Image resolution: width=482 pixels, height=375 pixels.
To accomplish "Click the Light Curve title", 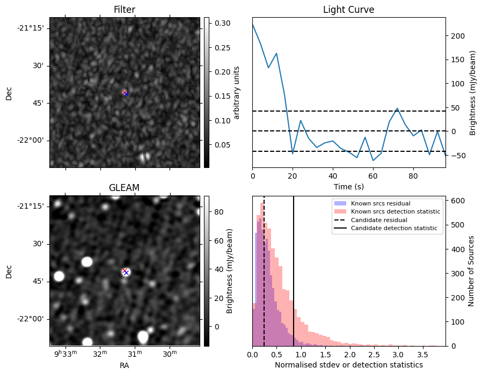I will point(348,10).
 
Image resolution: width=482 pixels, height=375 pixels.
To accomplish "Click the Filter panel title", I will point(125,10).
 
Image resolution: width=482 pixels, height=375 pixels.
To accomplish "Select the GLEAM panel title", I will point(125,188).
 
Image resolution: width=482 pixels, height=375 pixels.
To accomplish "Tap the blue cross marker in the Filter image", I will point(126,93).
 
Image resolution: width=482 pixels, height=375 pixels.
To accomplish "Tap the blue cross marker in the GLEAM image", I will point(126,272).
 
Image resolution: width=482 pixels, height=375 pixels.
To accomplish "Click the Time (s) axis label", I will point(348,186).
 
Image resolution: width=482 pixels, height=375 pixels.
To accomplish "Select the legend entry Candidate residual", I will point(378,220).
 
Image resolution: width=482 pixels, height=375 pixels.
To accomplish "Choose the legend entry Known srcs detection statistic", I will point(396,211).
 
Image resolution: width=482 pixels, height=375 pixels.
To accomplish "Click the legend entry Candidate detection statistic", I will point(393,229).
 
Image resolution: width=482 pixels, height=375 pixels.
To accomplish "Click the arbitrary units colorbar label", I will point(237,92).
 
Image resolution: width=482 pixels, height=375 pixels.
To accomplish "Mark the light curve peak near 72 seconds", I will point(397,108).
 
